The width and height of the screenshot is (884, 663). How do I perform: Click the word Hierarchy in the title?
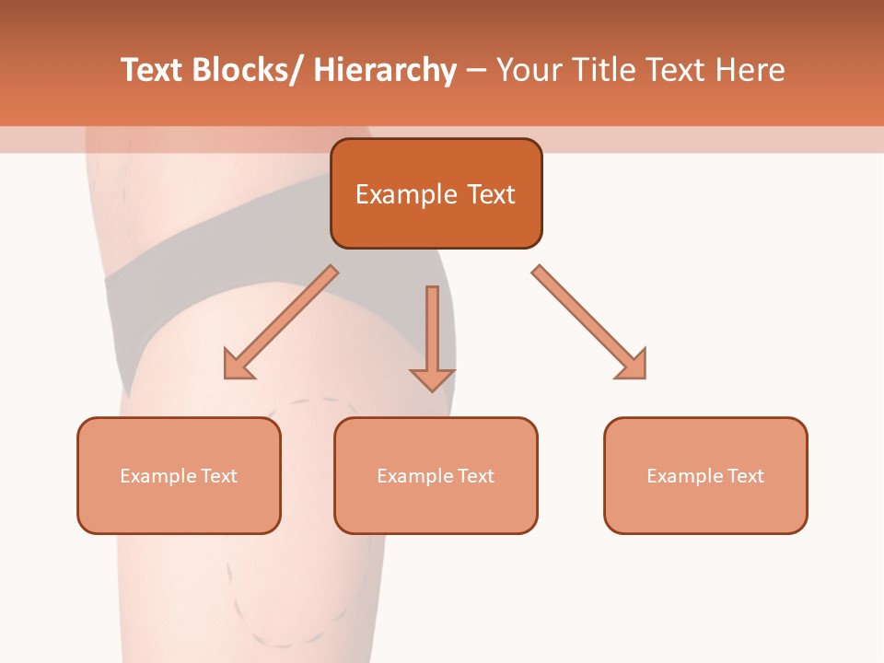coord(385,70)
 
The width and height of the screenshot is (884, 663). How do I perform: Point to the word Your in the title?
coord(528,70)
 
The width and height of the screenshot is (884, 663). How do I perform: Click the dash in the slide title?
coord(476,72)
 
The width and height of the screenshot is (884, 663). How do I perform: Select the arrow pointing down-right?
coord(589,322)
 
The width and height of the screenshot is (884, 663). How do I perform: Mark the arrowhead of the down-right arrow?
coord(634,366)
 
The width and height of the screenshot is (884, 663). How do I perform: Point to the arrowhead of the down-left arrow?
coord(238,366)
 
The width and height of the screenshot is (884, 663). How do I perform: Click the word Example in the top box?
coord(393,194)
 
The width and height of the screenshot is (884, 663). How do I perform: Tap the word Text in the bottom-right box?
coord(745,476)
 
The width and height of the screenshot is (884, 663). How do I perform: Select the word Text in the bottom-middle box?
coord(475,476)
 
